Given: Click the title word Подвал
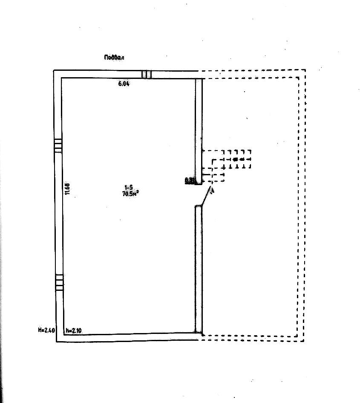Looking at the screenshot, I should pyautogui.click(x=116, y=57).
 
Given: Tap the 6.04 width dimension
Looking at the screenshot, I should pyautogui.click(x=124, y=84).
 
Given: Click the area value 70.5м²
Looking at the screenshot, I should pyautogui.click(x=130, y=194).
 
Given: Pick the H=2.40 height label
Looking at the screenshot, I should pyautogui.click(x=46, y=330).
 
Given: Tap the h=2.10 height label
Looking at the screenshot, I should pyautogui.click(x=74, y=330).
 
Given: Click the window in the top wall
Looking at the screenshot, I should pyautogui.click(x=146, y=75).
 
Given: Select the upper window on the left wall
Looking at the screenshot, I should pyautogui.click(x=58, y=145).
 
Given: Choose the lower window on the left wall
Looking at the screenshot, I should pyautogui.click(x=59, y=282).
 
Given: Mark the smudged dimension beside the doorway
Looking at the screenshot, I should pyautogui.click(x=190, y=181).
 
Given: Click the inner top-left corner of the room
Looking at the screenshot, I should pyautogui.click(x=62, y=78).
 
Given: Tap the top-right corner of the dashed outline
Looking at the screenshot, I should pyautogui.click(x=305, y=70).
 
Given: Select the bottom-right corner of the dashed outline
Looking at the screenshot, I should pyautogui.click(x=304, y=341).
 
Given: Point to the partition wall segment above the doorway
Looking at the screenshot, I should pyautogui.click(x=198, y=128).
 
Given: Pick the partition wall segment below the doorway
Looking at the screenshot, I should pyautogui.click(x=198, y=269).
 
